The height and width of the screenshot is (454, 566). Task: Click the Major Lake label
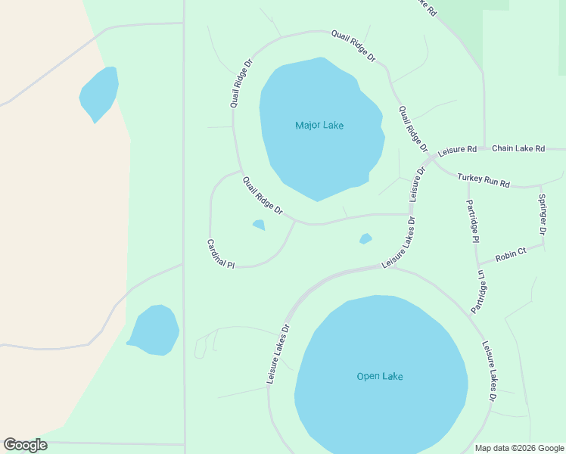pos(319,125)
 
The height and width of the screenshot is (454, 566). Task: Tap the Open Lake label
pos(380,376)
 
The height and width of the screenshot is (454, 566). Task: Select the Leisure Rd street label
pos(457,150)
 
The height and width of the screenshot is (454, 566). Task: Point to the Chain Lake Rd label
pos(518,148)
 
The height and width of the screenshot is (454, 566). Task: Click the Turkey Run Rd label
pos(484,180)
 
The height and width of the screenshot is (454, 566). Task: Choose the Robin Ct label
pos(511,254)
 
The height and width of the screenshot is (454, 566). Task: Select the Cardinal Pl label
pos(221,254)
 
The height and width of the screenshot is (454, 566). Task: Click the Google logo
pos(25,445)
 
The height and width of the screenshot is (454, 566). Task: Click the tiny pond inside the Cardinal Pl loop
pos(259,225)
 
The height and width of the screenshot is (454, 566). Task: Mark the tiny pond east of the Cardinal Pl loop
pos(365,239)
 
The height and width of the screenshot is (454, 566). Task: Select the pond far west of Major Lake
pos(99,93)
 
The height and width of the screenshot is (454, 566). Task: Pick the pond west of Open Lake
pos(154,330)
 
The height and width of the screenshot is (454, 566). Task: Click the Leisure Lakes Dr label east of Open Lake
pos(490,371)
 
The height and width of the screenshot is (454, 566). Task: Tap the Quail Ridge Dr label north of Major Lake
pos(353,45)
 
